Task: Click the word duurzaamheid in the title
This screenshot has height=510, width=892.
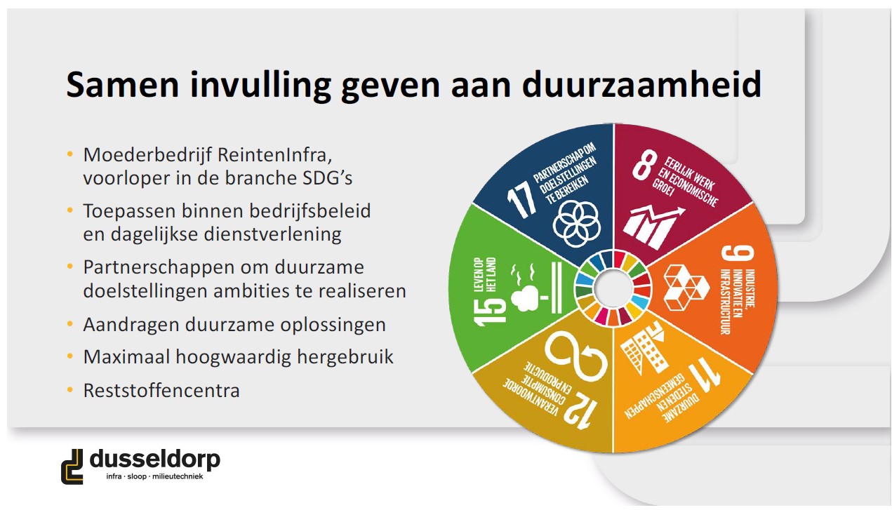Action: click(641, 84)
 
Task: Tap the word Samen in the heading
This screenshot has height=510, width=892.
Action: click(123, 84)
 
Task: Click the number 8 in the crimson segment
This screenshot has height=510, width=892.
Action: click(644, 164)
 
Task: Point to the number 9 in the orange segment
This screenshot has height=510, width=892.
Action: click(738, 253)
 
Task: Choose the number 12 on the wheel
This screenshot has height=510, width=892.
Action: click(580, 411)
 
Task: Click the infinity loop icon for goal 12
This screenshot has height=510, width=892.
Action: click(575, 354)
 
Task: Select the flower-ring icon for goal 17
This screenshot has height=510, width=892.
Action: click(576, 223)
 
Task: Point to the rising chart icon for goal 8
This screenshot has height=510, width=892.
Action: click(653, 227)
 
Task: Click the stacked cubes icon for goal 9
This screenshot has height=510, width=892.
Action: click(686, 288)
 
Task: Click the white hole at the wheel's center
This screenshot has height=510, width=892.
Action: click(613, 288)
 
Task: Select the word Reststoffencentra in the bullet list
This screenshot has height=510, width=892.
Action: click(161, 390)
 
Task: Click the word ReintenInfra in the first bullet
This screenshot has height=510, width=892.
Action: click(275, 154)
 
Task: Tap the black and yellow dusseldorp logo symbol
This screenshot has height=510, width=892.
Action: click(72, 467)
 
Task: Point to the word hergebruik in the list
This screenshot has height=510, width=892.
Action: click(345, 357)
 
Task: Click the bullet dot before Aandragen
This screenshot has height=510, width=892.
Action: click(70, 323)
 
